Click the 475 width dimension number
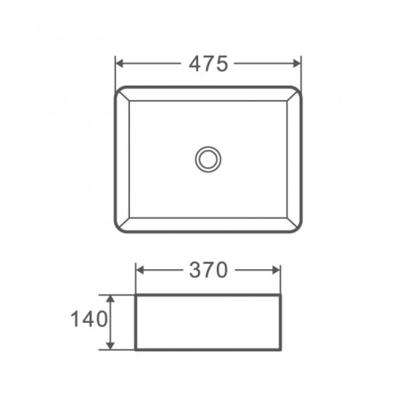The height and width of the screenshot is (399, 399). pyautogui.click(x=209, y=63)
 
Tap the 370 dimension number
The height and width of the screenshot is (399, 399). pyautogui.click(x=209, y=271)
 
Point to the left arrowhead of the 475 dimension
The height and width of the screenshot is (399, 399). pyautogui.click(x=120, y=63)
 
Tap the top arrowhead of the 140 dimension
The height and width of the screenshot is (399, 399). pyautogui.click(x=111, y=299)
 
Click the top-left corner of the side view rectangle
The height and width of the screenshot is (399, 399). pyautogui.click(x=136, y=295)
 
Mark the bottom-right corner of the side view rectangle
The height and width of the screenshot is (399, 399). pyautogui.click(x=280, y=350)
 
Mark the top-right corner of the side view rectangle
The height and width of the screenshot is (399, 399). pyautogui.click(x=280, y=295)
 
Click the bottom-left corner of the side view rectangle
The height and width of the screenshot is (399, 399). pyautogui.click(x=136, y=350)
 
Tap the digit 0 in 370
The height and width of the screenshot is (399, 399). pyautogui.click(x=222, y=271)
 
